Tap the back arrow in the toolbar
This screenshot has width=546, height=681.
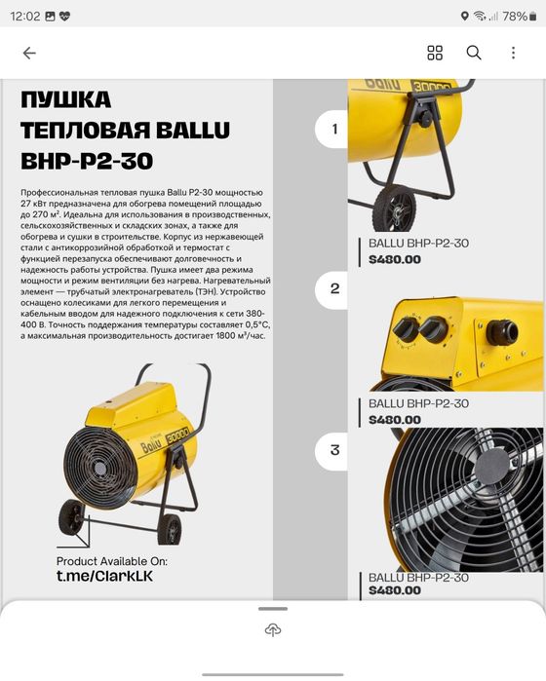[29, 53]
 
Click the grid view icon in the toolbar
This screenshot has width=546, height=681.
[435, 53]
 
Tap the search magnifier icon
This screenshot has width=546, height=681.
[474, 53]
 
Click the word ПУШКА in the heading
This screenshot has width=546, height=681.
[66, 100]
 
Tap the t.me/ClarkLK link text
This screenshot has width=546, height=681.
[104, 576]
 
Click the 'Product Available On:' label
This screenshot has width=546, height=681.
[112, 561]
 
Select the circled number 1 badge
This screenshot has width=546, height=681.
[334, 129]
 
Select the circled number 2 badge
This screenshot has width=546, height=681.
[334, 288]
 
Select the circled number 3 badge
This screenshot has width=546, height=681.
[334, 450]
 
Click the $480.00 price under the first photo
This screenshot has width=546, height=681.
[395, 259]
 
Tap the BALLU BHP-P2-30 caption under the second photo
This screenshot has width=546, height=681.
[418, 403]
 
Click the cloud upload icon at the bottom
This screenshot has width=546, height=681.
[273, 630]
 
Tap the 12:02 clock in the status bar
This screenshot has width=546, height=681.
[27, 16]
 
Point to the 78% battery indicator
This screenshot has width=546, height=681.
[514, 16]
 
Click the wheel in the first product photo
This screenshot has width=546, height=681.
[396, 208]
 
